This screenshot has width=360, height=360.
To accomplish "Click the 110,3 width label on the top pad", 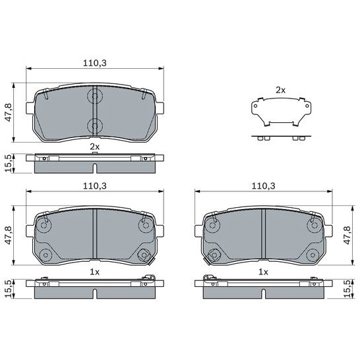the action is click(95, 63).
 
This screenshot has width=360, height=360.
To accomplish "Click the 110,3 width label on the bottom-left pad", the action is click(95, 186).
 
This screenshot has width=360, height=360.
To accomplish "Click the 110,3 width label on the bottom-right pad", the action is click(263, 186).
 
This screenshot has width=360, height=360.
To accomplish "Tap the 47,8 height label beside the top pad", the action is click(8, 112).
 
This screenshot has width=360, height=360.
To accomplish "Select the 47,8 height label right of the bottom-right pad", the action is click(347, 235).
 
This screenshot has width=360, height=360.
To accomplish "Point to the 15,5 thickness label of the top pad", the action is click(8, 163).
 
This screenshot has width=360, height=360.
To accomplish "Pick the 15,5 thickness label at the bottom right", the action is click(347, 288).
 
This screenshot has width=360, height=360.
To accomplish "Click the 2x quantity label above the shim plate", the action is click(280, 90).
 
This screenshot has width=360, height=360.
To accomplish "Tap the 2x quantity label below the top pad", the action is click(95, 147).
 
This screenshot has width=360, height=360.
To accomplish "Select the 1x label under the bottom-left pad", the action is click(95, 272).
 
